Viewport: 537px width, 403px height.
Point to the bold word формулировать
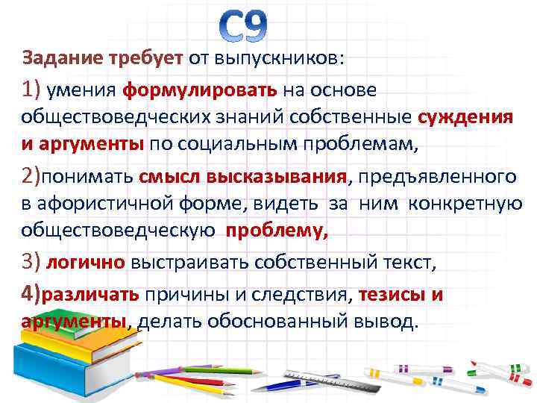199,90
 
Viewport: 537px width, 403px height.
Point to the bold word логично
86,263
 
